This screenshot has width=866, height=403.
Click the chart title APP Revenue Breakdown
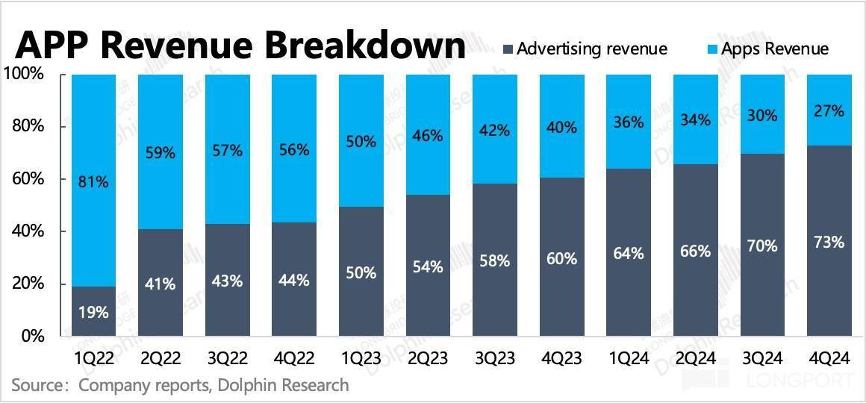coord(240,46)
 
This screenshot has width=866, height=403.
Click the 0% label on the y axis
coord(32,337)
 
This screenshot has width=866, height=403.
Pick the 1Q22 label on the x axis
coord(94,358)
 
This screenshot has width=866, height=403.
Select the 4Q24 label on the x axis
coord(829,358)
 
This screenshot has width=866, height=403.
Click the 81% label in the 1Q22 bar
coord(94,181)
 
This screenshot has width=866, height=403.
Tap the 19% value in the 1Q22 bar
coord(94,312)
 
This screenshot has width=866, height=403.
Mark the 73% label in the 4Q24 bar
coord(829,243)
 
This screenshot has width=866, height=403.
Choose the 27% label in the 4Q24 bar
coord(829,111)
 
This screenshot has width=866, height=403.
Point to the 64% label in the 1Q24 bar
coord(629,254)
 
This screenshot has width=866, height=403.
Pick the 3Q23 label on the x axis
coord(495,358)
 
